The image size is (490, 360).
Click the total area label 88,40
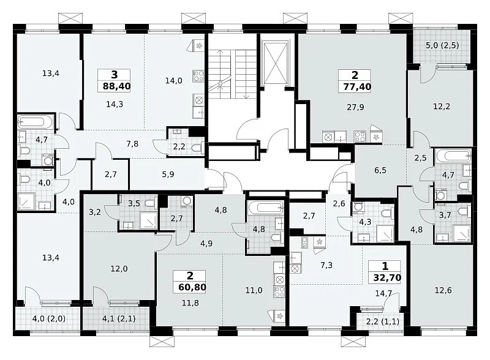click(x=116, y=86)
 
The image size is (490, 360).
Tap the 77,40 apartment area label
click(x=357, y=86)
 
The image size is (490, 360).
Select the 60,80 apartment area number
click(x=192, y=287)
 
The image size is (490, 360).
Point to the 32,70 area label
click(x=387, y=277)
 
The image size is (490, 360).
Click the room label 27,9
click(x=355, y=108)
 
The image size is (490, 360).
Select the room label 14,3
click(x=115, y=104)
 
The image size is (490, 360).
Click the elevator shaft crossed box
click(x=275, y=64)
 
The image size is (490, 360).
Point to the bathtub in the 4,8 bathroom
click(x=266, y=208)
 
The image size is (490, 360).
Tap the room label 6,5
click(x=380, y=170)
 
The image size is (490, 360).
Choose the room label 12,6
click(x=443, y=291)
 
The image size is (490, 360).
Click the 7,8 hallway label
click(x=132, y=144)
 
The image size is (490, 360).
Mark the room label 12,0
click(x=119, y=269)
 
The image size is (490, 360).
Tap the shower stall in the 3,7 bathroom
click(x=462, y=233)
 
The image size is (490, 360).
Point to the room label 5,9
click(x=168, y=174)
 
